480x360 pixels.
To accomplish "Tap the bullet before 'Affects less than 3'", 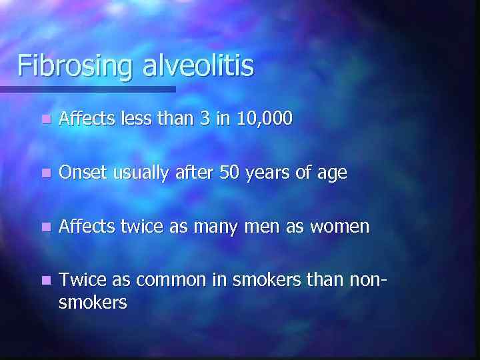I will [x=44, y=120].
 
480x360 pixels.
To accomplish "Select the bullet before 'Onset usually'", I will [x=44, y=174].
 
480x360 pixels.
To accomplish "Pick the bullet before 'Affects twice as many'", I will [x=44, y=227].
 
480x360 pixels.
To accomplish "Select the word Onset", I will [x=83, y=173].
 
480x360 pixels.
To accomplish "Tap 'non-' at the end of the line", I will [x=368, y=281].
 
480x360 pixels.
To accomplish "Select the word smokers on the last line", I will [x=93, y=303].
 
